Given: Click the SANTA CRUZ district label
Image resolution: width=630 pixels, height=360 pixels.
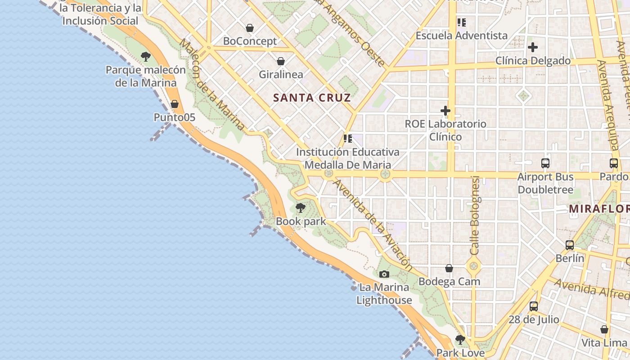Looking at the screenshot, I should coord(312,98).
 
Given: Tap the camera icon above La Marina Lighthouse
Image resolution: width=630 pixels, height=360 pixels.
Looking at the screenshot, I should coord(384,274).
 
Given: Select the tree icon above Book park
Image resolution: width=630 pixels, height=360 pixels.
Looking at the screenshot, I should coord(301,208).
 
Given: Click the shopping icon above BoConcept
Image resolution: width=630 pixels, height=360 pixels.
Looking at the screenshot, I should coord(250,28).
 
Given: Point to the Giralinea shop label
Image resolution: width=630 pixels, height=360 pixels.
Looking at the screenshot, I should coord(281,74).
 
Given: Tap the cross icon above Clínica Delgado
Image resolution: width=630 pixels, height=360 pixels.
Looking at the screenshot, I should coord(533,47).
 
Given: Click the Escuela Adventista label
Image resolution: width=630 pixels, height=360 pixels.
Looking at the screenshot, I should coord(461,36).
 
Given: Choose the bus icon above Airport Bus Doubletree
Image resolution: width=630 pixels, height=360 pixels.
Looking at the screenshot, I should coord(545,163).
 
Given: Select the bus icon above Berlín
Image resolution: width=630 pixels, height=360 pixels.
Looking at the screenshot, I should coord(570,245).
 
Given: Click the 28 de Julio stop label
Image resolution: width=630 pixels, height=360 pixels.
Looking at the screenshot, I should coord(534,320).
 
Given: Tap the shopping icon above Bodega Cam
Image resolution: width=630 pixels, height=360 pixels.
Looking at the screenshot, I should coord(449,268).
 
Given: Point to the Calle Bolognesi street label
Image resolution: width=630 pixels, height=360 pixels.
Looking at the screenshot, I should coord(475,215).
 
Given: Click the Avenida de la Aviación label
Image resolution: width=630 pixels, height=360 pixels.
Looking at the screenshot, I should coord(373,225).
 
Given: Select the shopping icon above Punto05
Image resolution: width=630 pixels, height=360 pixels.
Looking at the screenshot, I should coord(175,104).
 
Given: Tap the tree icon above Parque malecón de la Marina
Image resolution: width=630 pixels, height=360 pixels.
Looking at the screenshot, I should coord(145,56).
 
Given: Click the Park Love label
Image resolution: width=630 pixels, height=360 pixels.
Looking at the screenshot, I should coord(460,353).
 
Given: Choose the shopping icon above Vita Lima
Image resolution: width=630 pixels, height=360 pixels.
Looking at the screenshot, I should coord(604,329).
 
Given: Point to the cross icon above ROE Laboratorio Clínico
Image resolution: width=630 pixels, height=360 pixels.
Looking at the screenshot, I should coord(445,110).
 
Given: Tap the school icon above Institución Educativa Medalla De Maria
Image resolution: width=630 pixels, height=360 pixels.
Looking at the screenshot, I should coord(347,138).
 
